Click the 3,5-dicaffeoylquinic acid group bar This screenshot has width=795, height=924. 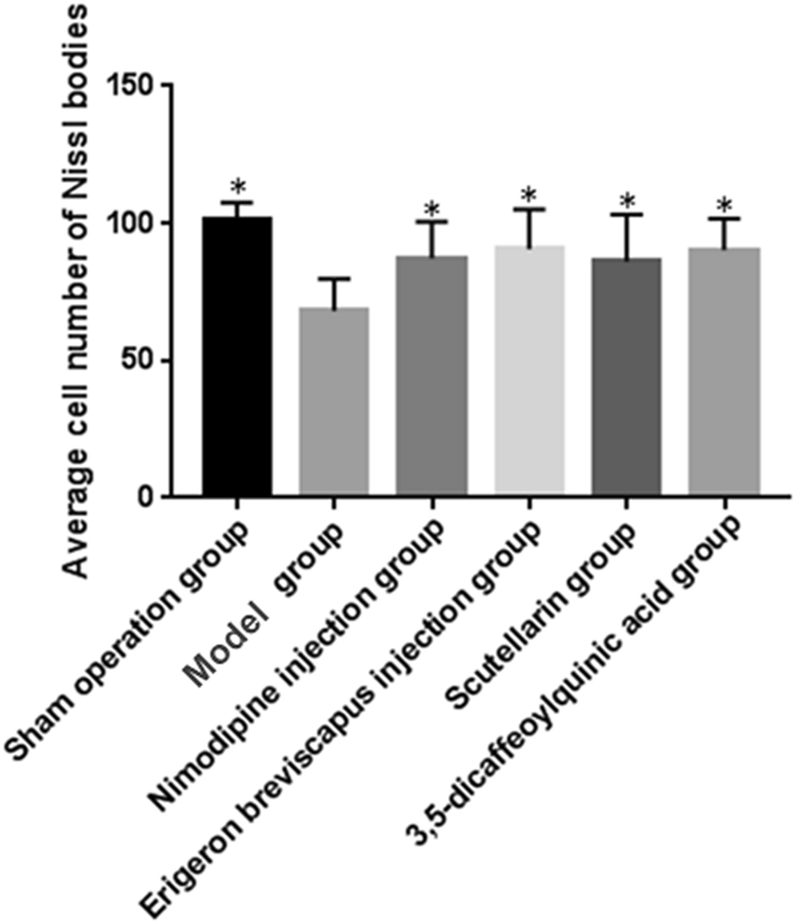723,371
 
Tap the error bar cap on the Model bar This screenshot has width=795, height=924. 334,278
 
